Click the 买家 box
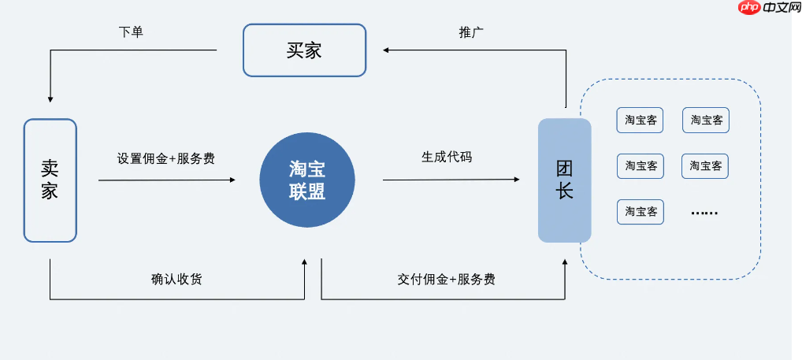tap(304, 50)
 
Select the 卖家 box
tap(50, 180)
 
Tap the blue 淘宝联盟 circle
tap(307, 180)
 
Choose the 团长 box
tap(564, 180)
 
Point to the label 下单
tap(131, 32)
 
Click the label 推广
tap(471, 32)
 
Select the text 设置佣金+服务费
tap(165, 158)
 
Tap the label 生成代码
tap(447, 156)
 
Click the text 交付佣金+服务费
tap(446, 279)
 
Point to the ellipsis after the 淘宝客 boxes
tap(704, 212)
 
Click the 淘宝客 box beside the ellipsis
tap(640, 212)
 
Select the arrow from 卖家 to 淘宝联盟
tap(166, 180)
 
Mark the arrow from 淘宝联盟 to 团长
tap(451, 180)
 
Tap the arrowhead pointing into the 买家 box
tap(386, 50)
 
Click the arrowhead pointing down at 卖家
tap(50, 99)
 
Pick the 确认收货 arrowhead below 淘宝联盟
tap(305, 263)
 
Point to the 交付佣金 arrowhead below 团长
tap(565, 264)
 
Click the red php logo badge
tap(749, 8)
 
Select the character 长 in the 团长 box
tap(564, 191)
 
